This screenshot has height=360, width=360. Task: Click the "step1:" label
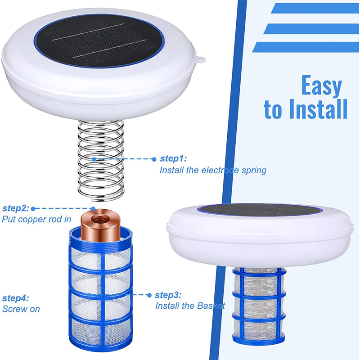tap(173, 159)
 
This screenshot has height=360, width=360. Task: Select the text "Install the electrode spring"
tap(213, 171)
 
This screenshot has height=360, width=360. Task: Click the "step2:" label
tap(15, 208)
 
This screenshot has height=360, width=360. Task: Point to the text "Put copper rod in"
tap(36, 220)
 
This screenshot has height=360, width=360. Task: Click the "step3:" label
tap(168, 295)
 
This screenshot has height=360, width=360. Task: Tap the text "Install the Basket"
tap(190, 306)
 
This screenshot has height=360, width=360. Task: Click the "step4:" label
tap(15, 298)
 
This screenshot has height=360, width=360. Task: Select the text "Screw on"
tap(21, 309)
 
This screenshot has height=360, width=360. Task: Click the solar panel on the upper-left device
tap(99, 40)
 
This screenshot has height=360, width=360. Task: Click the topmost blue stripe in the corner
tap(315, 8)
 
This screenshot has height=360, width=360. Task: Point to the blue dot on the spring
tap(94, 159)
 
